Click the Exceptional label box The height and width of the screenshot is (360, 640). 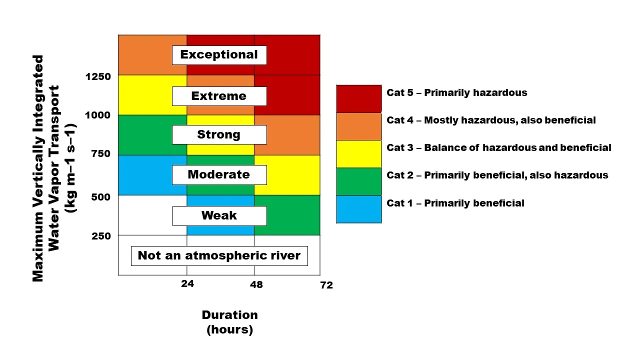pos(219,55)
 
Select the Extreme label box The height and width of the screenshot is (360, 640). pos(219,96)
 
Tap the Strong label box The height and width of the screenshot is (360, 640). pos(219,134)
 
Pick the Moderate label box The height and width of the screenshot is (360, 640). pos(219,174)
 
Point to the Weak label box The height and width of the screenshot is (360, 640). pos(219,215)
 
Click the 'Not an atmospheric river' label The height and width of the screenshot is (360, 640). pos(219,255)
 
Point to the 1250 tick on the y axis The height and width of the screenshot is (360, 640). pos(98,76)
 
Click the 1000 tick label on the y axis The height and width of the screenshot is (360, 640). pos(98,115)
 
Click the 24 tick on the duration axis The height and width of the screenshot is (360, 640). pos(187,284)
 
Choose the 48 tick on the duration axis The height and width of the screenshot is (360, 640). pos(255,284)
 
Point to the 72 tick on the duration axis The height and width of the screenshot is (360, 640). pos(326,285)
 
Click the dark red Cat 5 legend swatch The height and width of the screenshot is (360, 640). pos(358,98)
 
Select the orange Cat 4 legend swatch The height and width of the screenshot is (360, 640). pos(358,126)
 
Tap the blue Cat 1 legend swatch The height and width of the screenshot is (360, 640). pos(358,209)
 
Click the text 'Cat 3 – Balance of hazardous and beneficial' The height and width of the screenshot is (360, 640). pos(498,147)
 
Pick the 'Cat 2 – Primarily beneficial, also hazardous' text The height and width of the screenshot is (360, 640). pos(497,175)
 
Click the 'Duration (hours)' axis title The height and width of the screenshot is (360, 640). pos(229,322)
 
